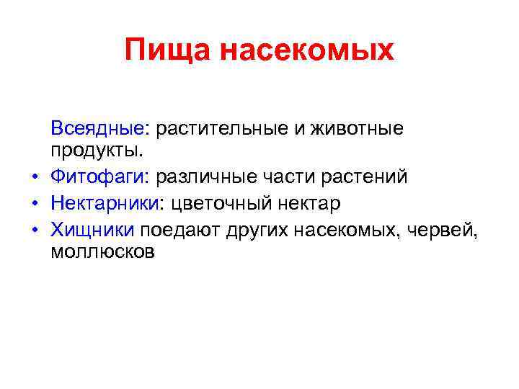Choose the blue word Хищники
92,230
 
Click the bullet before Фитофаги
34,177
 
